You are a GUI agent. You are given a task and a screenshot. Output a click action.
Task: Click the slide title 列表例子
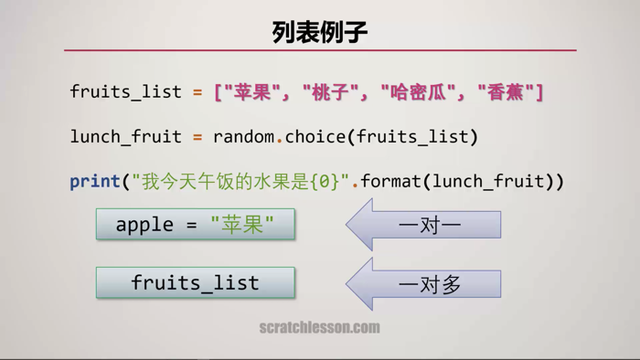(320, 32)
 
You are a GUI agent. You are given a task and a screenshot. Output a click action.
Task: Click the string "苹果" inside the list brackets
(250, 91)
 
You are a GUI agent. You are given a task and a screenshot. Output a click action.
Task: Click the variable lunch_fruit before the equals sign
(126, 137)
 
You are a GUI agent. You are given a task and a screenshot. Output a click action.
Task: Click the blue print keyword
(94, 181)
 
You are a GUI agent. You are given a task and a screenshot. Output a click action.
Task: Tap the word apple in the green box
(144, 224)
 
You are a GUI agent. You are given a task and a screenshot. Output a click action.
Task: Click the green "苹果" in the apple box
(242, 224)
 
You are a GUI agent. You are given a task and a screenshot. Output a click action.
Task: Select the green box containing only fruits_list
(196, 282)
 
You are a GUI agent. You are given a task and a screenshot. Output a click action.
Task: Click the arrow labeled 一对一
(424, 225)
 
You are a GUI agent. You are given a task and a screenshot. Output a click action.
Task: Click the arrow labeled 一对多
(424, 284)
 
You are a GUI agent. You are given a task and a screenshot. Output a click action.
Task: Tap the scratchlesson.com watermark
(319, 327)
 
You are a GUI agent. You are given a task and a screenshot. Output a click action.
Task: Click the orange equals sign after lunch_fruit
(197, 137)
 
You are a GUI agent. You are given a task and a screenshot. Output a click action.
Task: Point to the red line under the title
(320, 50)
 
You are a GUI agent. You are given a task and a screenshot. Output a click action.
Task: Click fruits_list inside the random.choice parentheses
(412, 137)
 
